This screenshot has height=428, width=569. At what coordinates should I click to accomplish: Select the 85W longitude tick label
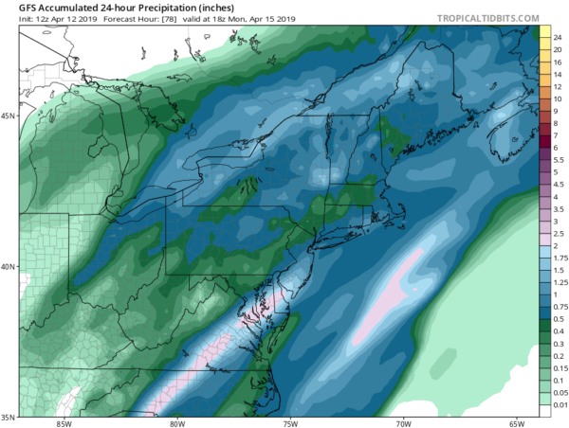pyautogui.click(x=64, y=422)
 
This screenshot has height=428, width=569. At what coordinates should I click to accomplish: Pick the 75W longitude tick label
pyautogui.click(x=289, y=422)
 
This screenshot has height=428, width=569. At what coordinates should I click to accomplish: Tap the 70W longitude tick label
pyautogui.click(x=402, y=422)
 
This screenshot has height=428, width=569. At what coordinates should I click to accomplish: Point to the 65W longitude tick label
pyautogui.click(x=515, y=422)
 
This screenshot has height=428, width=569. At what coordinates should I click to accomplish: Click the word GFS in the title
pyautogui.click(x=16, y=10)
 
